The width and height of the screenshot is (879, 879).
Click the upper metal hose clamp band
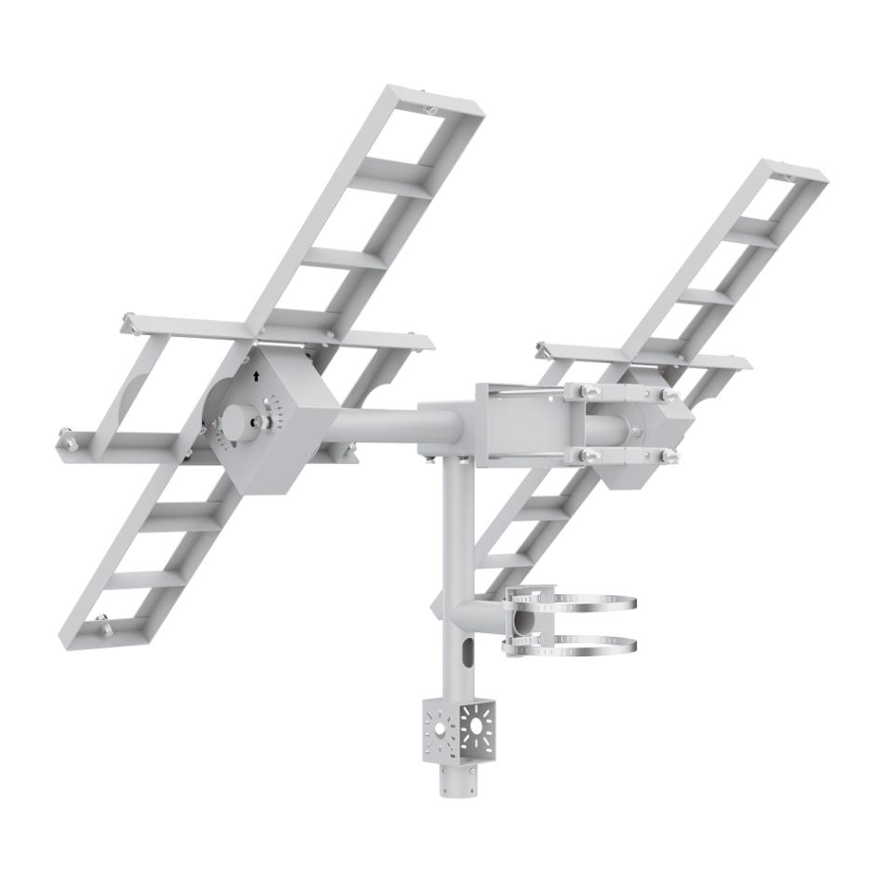click(596, 603)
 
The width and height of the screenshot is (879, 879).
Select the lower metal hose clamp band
click(596, 643)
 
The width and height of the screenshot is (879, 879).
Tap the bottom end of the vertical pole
click(457, 790)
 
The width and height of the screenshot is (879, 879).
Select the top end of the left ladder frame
click(438, 101)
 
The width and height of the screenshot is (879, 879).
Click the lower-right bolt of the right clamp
click(669, 456)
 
